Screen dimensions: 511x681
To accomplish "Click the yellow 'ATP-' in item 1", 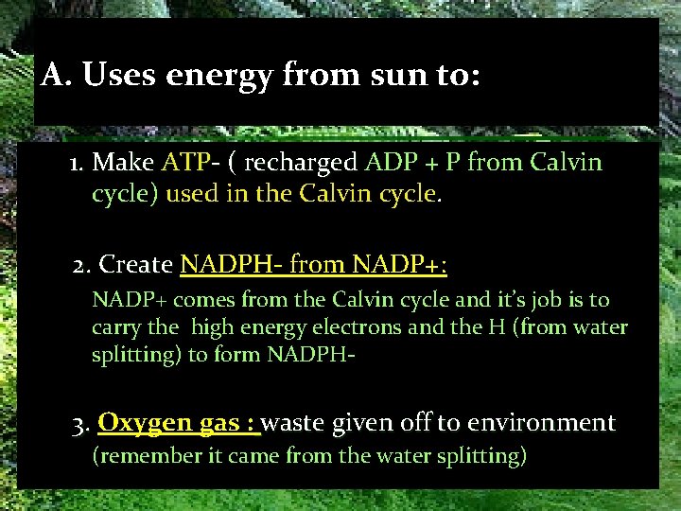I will pos(191,163).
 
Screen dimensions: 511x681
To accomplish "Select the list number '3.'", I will pos(81,422).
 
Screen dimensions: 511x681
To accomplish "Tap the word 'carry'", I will pos(114,327).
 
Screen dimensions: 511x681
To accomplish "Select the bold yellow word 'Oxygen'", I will pos(139,422).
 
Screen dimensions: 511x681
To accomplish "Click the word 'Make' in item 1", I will pos(116,163).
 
